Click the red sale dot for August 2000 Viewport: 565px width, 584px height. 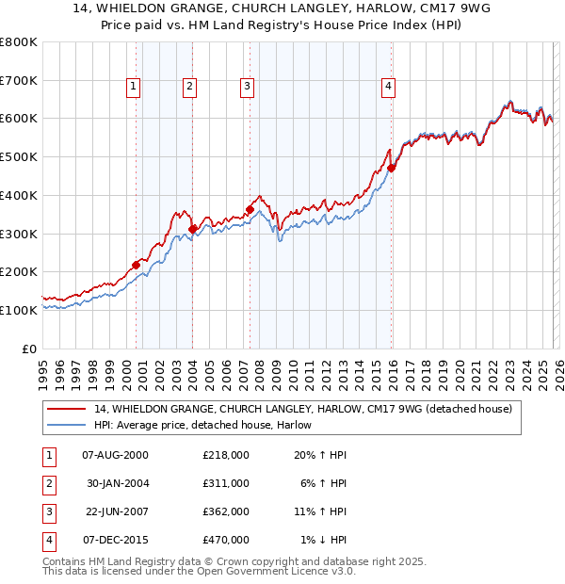[x=136, y=265]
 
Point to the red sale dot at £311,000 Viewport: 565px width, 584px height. [x=193, y=229]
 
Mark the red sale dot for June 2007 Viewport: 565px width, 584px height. [x=250, y=209]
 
